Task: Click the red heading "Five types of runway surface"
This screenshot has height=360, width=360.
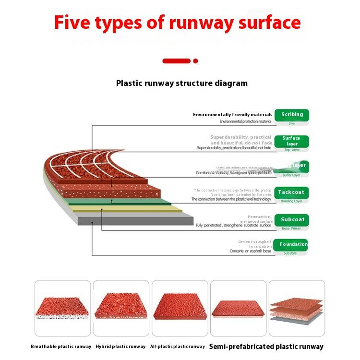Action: [x=177, y=23]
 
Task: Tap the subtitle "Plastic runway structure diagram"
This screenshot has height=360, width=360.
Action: [x=182, y=83]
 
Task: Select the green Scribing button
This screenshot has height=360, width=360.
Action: [x=292, y=115]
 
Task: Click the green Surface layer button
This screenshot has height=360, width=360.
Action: [x=292, y=141]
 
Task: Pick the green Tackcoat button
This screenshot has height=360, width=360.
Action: [x=291, y=192]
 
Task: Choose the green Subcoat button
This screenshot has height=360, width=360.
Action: [x=292, y=220]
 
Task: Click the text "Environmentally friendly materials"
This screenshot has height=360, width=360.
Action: [x=232, y=115]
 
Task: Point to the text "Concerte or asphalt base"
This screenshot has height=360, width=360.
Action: [x=250, y=251]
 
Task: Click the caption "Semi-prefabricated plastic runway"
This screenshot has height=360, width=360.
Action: [x=266, y=347]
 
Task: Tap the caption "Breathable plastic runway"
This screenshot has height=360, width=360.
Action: [x=61, y=347]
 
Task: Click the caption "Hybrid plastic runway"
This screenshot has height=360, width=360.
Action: [x=120, y=347]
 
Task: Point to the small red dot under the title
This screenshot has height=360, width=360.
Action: [x=195, y=61]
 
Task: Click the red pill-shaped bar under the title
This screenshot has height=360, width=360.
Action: [x=177, y=61]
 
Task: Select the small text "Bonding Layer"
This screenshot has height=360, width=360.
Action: [x=291, y=201]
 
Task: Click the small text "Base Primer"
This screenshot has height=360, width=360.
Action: [x=292, y=228]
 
